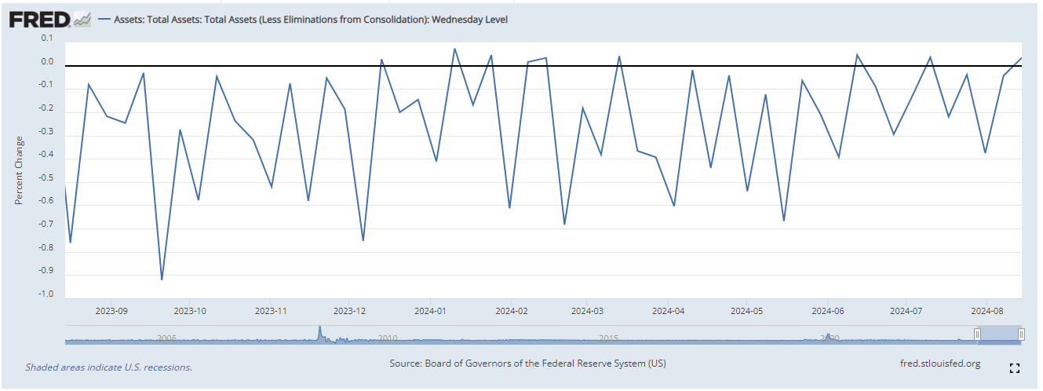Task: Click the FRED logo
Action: [41, 19]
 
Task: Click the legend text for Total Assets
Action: [311, 20]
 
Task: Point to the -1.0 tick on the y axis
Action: [46, 294]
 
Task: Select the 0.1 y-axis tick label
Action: [46, 38]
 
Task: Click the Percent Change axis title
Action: [19, 171]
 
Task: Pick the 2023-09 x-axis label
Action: [111, 310]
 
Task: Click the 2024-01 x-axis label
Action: [431, 310]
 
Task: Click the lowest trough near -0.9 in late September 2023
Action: [162, 280]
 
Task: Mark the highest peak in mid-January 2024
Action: [454, 49]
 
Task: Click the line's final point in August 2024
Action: [1021, 58]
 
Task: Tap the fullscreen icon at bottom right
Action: [1014, 367]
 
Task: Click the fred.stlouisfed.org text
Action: [941, 364]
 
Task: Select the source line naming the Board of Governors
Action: [527, 364]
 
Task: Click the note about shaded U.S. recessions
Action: [108, 367]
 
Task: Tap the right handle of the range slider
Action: [1021, 334]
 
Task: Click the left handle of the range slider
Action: [977, 334]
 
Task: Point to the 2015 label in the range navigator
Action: [608, 338]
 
